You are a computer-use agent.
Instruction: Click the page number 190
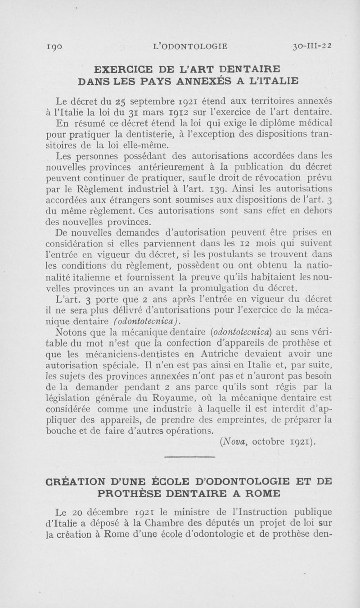coord(57,45)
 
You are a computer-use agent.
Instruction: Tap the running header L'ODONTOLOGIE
coord(191,45)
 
